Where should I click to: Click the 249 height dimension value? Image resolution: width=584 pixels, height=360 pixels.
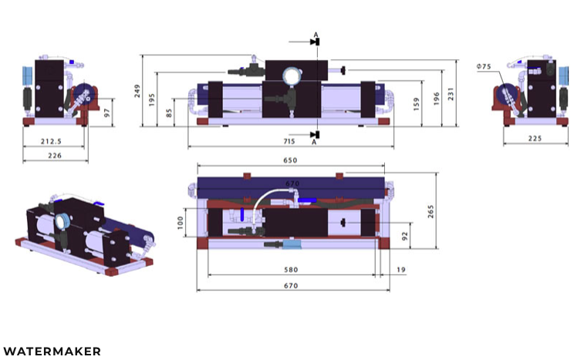tap(137, 91)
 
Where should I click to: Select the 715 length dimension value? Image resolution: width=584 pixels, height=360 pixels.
tap(289, 142)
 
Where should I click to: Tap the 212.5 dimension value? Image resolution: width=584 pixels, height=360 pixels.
tap(51, 142)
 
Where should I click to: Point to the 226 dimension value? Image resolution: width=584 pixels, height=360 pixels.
tap(55, 156)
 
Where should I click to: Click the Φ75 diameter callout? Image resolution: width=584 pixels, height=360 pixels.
tap(484, 66)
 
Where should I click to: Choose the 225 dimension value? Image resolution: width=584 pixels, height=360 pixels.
tap(535, 139)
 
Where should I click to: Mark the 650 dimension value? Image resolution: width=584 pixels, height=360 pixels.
tap(290, 160)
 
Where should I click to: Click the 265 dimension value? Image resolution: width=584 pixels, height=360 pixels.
tap(431, 211)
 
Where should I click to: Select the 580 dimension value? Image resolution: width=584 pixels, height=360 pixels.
tap(291, 270)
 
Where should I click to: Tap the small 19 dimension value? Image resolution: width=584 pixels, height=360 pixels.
tap(401, 270)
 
